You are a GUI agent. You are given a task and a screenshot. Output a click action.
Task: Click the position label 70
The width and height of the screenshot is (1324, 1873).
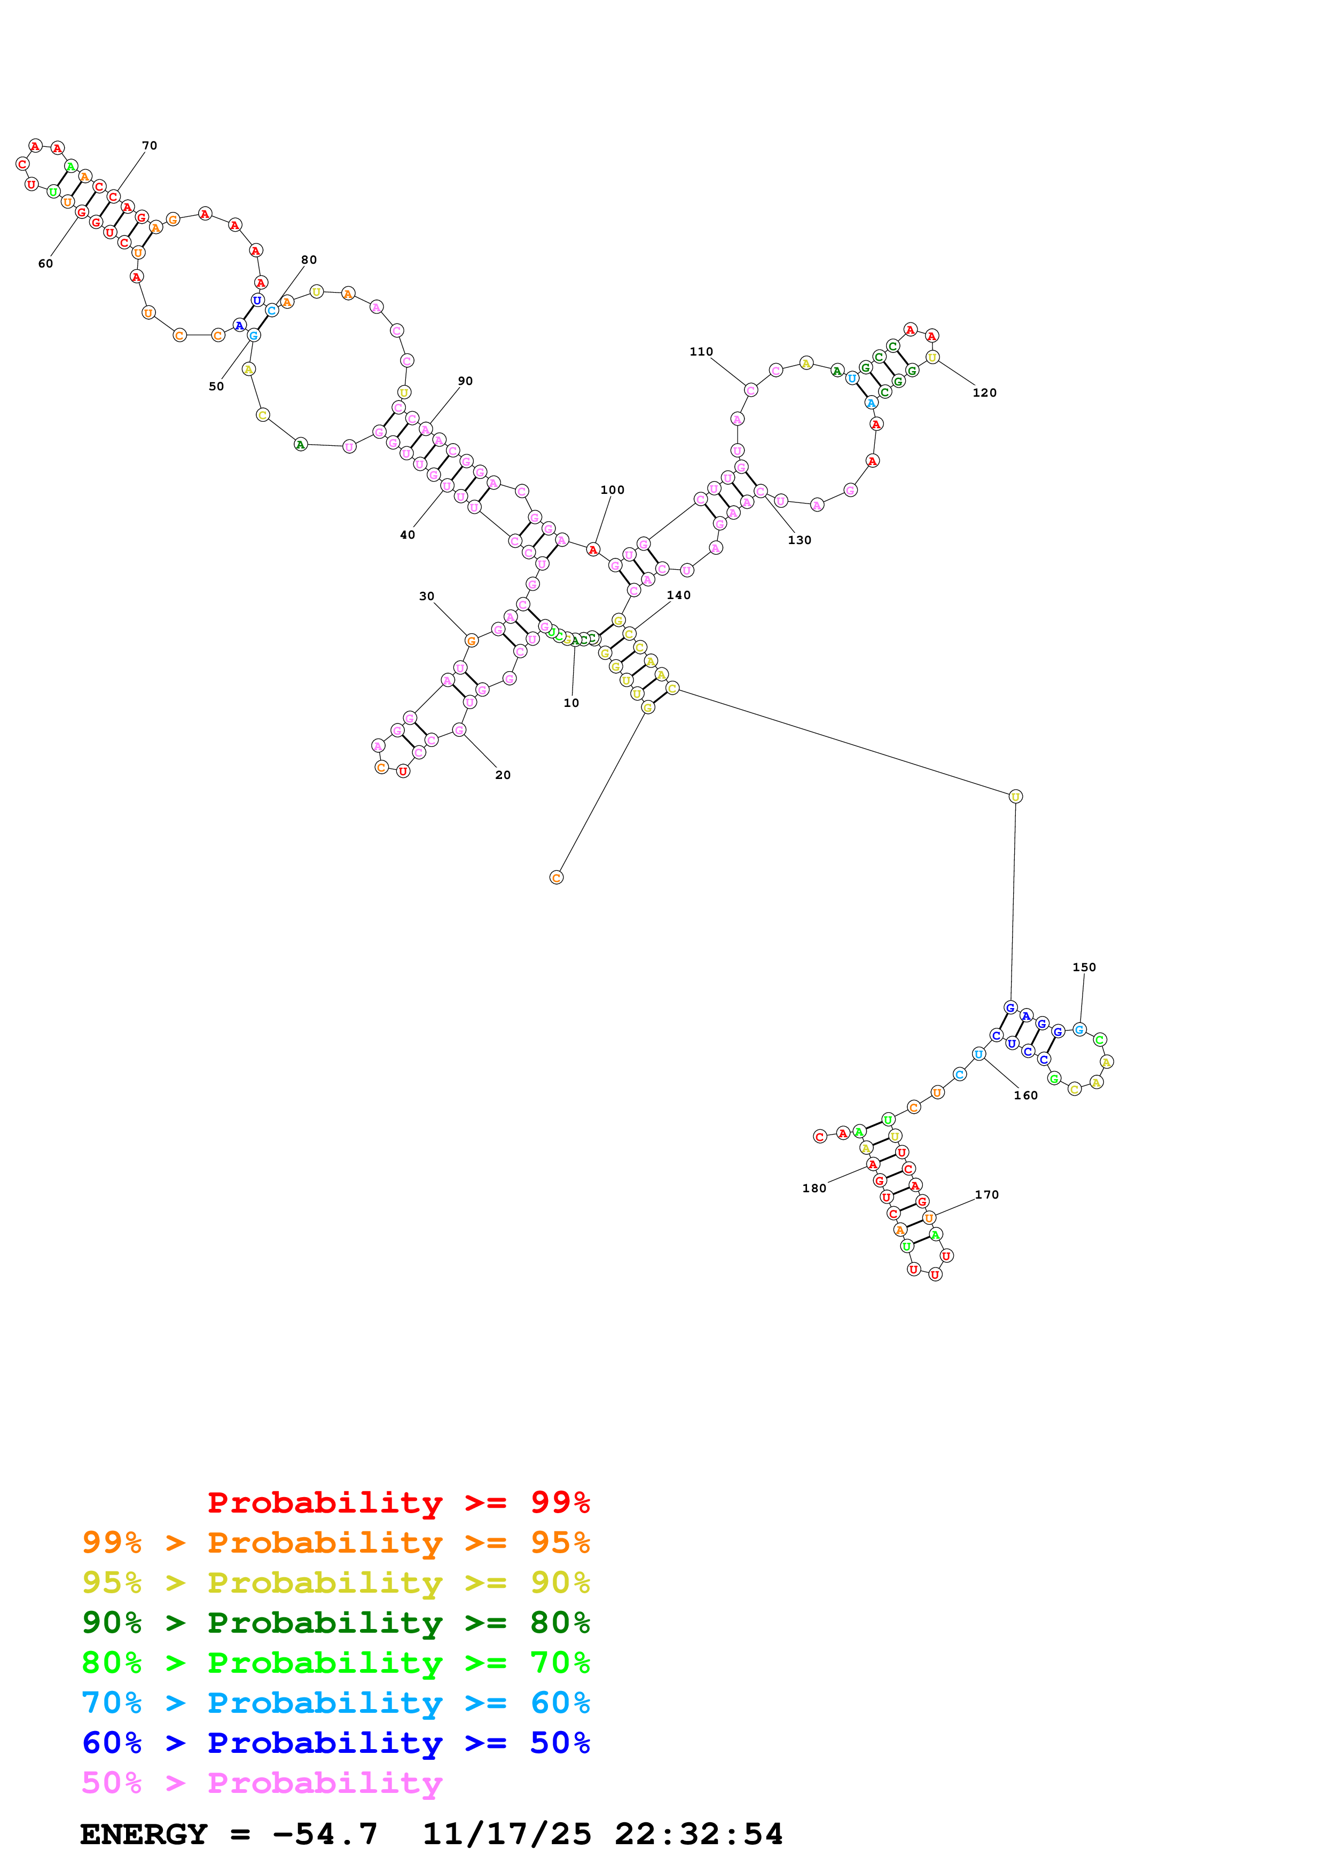click(x=150, y=146)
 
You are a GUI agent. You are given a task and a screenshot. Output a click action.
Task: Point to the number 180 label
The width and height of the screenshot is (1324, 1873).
click(x=813, y=1189)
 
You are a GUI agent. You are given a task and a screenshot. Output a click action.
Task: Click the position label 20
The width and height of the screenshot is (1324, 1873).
click(x=503, y=775)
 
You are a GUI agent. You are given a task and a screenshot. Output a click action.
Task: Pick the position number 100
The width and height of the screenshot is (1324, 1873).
click(x=612, y=490)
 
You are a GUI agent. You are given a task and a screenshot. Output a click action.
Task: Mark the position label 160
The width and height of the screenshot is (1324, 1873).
click(x=1025, y=1096)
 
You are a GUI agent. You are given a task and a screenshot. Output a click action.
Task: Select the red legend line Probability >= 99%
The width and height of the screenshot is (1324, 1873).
click(x=398, y=1502)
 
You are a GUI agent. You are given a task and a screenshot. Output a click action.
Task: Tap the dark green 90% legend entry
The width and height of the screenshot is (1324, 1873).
click(x=335, y=1623)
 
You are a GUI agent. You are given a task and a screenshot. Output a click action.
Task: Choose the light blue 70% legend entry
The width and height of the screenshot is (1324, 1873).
click(x=335, y=1703)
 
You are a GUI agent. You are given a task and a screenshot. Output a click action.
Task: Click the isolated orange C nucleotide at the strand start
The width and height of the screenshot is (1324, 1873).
click(x=557, y=878)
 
